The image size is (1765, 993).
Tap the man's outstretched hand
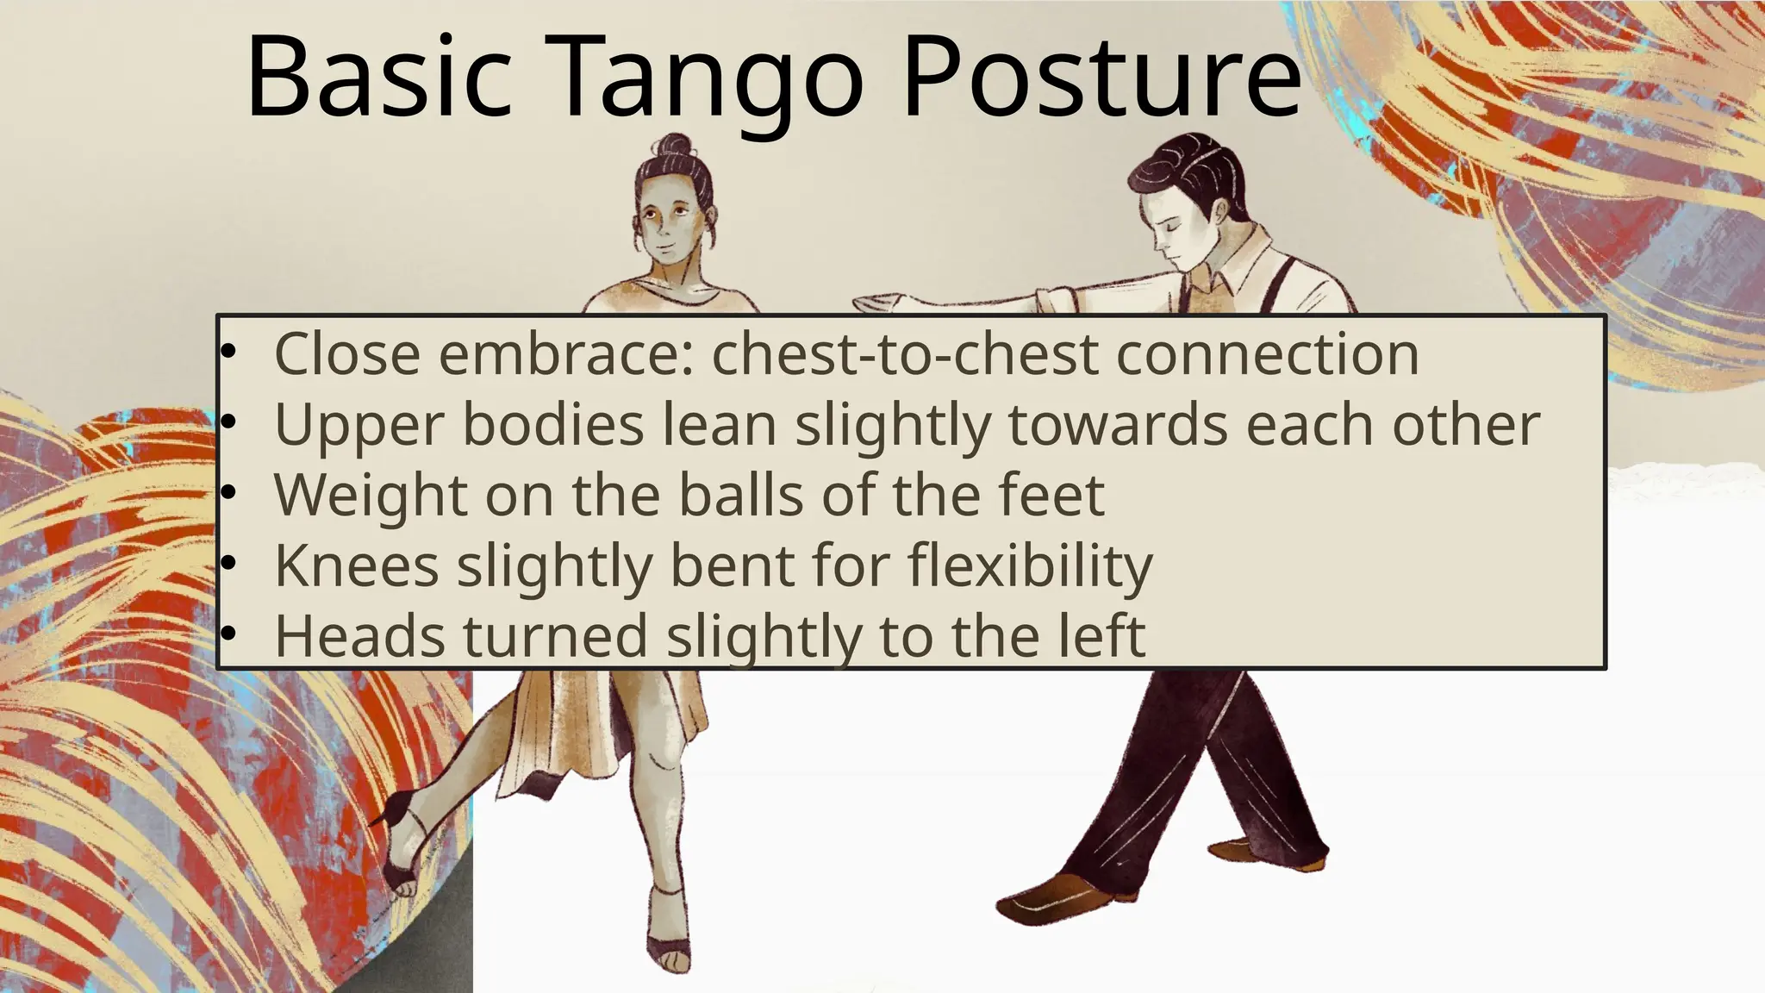click(879, 303)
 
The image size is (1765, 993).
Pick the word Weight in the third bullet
click(371, 496)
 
